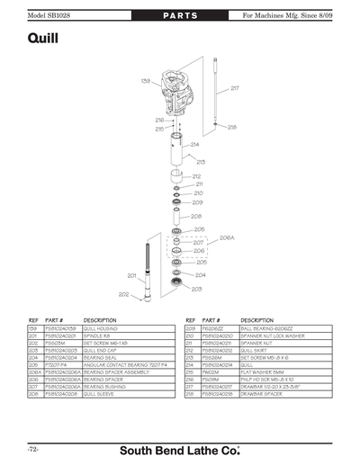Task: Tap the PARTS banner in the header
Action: [180, 9]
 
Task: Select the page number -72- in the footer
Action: [31, 448]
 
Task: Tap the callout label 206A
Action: [227, 238]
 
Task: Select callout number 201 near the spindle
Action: [131, 276]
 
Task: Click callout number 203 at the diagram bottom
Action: [196, 289]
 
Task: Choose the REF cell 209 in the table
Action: [191, 330]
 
